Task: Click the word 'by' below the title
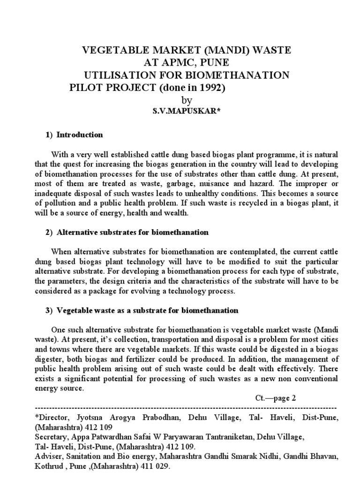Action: click(186, 101)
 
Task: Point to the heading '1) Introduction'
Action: click(75, 135)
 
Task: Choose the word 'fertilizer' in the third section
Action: click(171, 360)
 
